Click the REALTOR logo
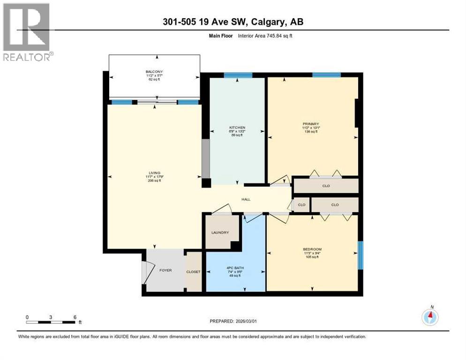pyautogui.click(x=27, y=32)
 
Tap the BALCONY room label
pyautogui.click(x=153, y=71)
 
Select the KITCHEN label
pyautogui.click(x=237, y=127)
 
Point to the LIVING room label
pyautogui.click(x=154, y=173)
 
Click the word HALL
pyautogui.click(x=246, y=199)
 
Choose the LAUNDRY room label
pyautogui.click(x=220, y=232)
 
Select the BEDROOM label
pyautogui.click(x=312, y=249)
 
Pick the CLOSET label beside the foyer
pyautogui.click(x=194, y=272)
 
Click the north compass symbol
pyautogui.click(x=429, y=317)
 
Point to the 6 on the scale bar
pyautogui.click(x=75, y=317)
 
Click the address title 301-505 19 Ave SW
pyautogui.click(x=233, y=22)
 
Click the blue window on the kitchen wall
pyautogui.click(x=238, y=75)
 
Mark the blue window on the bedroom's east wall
pyautogui.click(x=360, y=255)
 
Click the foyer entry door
pyautogui.click(x=148, y=272)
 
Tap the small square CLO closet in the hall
pyautogui.click(x=301, y=205)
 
